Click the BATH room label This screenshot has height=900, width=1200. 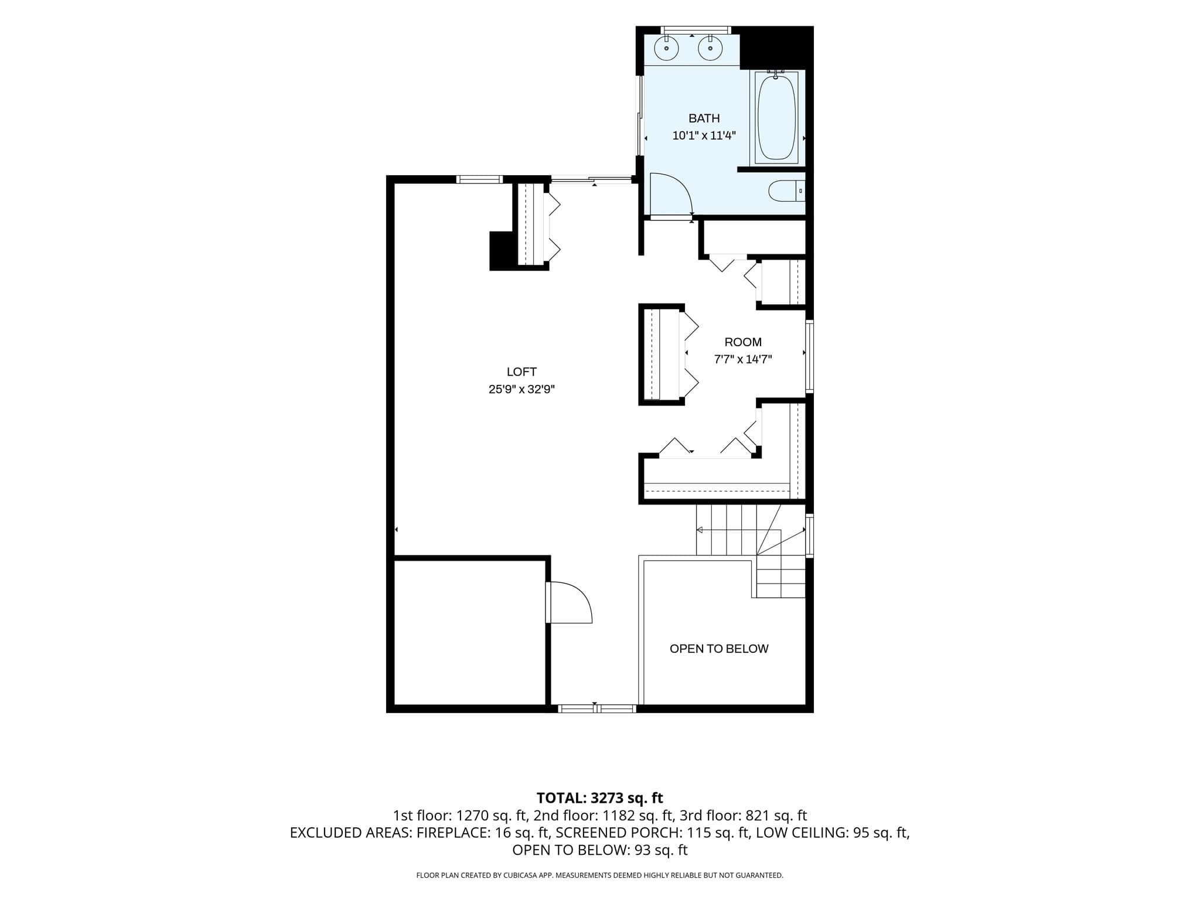(x=704, y=118)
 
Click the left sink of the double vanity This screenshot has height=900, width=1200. (x=667, y=47)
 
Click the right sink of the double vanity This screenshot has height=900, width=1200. (x=710, y=47)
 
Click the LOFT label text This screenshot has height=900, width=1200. (x=521, y=371)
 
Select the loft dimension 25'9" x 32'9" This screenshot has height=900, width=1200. (x=521, y=389)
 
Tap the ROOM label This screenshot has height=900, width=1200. (x=743, y=342)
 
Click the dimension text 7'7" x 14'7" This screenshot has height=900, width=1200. (x=743, y=360)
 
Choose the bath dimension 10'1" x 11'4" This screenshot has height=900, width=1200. (x=704, y=136)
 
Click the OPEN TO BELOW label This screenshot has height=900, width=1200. (x=719, y=649)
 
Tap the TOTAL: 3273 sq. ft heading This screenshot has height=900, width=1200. (x=600, y=798)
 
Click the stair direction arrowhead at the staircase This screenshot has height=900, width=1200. (x=700, y=530)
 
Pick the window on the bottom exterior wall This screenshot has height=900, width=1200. (x=596, y=708)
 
